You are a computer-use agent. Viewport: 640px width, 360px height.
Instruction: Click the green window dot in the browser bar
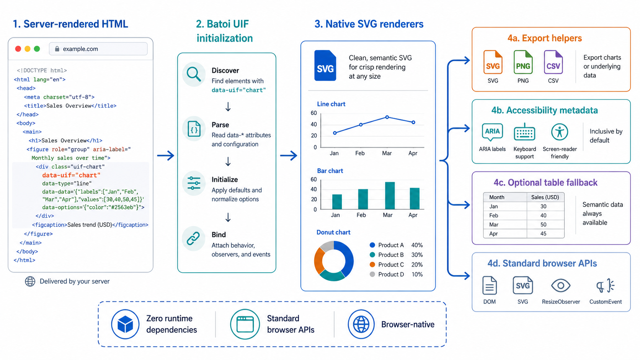click(x=37, y=49)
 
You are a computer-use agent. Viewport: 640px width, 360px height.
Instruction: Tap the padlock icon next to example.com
click(x=57, y=49)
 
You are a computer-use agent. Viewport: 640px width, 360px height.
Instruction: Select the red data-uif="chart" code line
click(x=71, y=175)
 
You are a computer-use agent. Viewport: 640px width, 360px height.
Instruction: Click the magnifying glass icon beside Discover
click(x=194, y=74)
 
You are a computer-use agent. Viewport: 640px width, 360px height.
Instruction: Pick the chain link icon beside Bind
click(x=193, y=238)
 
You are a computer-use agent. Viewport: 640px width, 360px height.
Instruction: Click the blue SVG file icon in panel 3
click(x=325, y=65)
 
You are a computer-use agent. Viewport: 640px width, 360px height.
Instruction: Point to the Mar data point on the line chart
click(x=387, y=117)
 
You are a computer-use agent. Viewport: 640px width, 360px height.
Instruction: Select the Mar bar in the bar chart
click(x=390, y=195)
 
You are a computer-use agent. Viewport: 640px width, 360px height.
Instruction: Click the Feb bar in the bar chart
click(x=363, y=199)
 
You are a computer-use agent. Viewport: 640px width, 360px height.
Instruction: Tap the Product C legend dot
click(x=372, y=265)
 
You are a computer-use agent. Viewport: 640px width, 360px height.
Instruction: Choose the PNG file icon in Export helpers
click(x=523, y=62)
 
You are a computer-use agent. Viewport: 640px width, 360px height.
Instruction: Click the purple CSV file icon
click(x=553, y=62)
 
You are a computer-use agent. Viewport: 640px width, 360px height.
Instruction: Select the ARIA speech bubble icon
click(x=492, y=132)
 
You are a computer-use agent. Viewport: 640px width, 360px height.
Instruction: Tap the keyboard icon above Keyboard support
click(x=524, y=132)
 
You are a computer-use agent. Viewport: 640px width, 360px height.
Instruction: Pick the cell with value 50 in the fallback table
click(x=543, y=225)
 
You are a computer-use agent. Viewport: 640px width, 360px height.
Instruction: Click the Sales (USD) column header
click(x=545, y=197)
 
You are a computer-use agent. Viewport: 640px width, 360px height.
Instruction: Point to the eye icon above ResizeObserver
click(x=560, y=285)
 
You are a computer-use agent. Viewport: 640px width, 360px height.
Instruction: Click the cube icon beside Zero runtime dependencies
click(x=125, y=324)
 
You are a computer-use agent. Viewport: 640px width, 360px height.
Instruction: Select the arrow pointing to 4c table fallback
click(x=459, y=205)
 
